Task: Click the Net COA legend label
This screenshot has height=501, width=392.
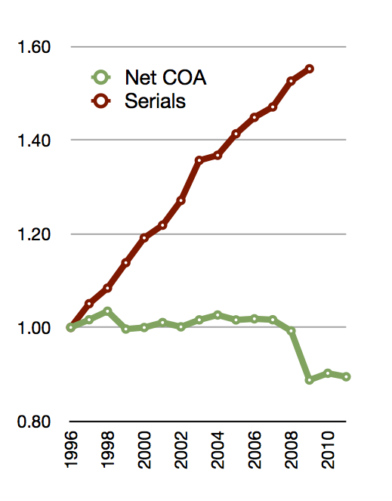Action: [x=165, y=78]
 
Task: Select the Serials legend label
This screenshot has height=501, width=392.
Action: [x=155, y=101]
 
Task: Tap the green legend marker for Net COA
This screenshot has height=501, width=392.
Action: [x=101, y=77]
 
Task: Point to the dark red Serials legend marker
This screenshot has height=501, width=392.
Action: [x=101, y=101]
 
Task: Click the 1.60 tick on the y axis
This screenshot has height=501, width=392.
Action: [x=34, y=47]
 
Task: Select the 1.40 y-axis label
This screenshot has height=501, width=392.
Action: [x=34, y=141]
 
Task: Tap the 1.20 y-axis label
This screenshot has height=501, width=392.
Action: [x=34, y=234]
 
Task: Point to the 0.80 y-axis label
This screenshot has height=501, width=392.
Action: [x=34, y=422]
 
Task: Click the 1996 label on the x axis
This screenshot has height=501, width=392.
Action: [x=71, y=450]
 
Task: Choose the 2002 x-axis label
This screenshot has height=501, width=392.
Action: [x=181, y=450]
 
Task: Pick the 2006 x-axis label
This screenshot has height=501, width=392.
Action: [x=255, y=450]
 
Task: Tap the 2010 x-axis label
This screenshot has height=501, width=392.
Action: [x=328, y=450]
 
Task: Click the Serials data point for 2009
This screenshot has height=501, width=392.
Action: [x=309, y=69]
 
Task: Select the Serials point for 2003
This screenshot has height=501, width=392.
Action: [x=199, y=159]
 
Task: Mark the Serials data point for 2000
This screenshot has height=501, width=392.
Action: [x=144, y=238]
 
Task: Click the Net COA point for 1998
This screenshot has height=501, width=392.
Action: [x=108, y=311]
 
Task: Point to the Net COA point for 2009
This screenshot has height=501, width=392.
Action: [x=309, y=380]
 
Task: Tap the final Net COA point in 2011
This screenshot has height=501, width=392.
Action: [x=346, y=377]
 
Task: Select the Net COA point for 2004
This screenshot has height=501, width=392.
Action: [x=218, y=315]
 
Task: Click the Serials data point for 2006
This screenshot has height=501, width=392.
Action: [x=255, y=117]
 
